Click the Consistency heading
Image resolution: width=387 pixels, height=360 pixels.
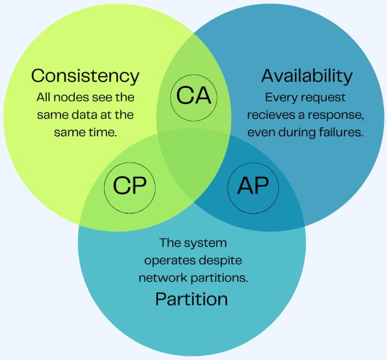click(x=85, y=76)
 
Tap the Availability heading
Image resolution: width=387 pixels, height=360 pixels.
click(x=307, y=76)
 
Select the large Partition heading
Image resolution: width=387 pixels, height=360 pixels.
click(x=191, y=298)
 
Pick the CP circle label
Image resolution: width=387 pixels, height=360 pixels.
click(x=130, y=186)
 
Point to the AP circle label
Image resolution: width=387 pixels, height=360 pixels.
click(x=253, y=186)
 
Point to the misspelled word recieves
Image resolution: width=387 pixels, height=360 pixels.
click(x=272, y=114)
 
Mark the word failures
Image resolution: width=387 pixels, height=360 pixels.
click(x=340, y=132)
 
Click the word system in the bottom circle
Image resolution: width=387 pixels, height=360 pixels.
click(x=202, y=243)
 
